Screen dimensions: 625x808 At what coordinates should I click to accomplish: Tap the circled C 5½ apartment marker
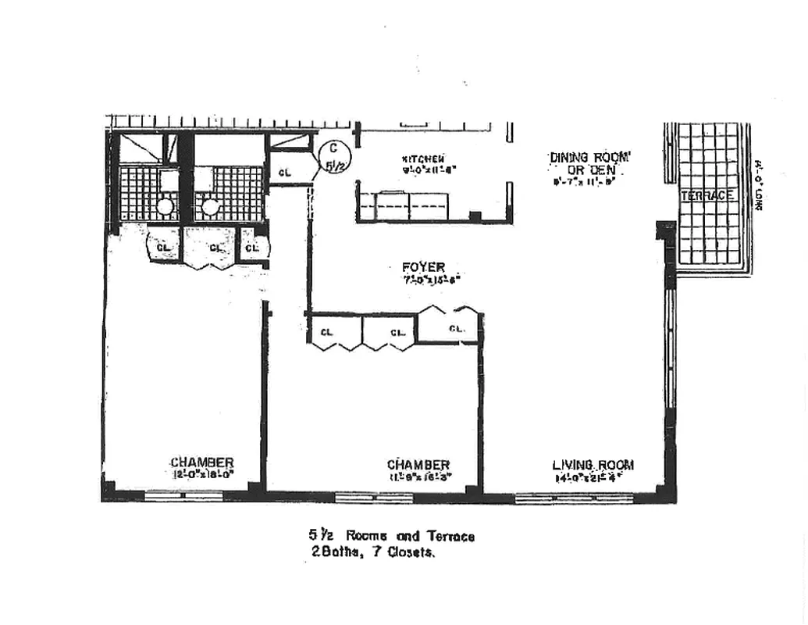(333, 156)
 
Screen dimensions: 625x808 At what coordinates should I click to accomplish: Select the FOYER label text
(424, 268)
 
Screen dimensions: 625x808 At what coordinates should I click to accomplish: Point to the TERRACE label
(707, 196)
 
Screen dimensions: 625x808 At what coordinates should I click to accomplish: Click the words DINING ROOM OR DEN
(589, 163)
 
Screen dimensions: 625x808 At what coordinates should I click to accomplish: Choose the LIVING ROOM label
(593, 464)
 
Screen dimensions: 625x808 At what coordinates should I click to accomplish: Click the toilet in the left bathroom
(164, 207)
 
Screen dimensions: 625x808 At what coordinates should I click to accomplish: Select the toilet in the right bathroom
(209, 207)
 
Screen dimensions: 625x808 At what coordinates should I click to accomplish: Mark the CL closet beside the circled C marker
(285, 172)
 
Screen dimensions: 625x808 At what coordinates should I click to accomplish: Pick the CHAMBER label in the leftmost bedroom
(202, 462)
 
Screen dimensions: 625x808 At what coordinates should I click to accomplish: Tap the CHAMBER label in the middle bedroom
(418, 464)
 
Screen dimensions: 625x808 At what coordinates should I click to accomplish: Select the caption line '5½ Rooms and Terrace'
(391, 536)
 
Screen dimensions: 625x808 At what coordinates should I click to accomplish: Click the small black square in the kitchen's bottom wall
(474, 216)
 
